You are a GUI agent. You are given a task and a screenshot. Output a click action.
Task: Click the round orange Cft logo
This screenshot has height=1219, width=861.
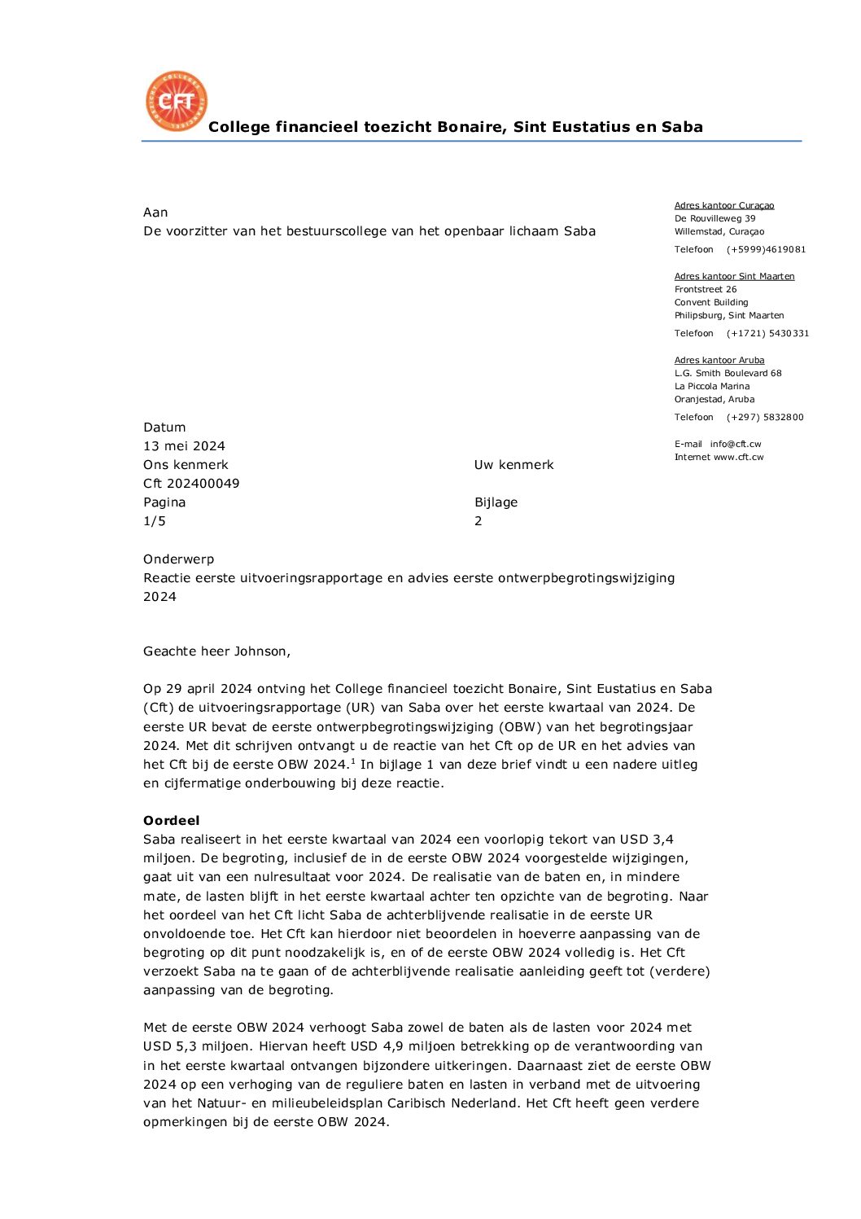pyautogui.click(x=177, y=101)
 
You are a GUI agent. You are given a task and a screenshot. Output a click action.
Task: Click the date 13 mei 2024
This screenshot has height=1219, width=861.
pyautogui.click(x=184, y=446)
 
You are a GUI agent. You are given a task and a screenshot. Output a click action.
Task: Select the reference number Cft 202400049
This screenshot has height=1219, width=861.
pyautogui.click(x=191, y=484)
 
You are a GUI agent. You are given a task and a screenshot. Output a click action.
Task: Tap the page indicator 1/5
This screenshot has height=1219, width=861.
pyautogui.click(x=155, y=521)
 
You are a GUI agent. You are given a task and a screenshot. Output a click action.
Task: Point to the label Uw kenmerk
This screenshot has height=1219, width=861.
pyautogui.click(x=514, y=465)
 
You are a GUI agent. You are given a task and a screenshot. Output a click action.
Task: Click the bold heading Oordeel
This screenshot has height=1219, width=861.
pyautogui.click(x=171, y=821)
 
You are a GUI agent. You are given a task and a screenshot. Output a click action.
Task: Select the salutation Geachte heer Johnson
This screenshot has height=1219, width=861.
pyautogui.click(x=216, y=651)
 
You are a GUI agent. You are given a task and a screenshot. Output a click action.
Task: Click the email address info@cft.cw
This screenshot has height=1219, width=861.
pyautogui.click(x=736, y=445)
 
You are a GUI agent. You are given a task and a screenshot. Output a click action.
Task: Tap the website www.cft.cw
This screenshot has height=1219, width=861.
pyautogui.click(x=739, y=458)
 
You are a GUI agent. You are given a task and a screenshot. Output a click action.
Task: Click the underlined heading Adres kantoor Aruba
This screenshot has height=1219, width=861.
pyautogui.click(x=719, y=361)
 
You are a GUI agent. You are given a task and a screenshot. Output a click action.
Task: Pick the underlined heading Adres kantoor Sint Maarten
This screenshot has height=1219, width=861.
pyautogui.click(x=734, y=277)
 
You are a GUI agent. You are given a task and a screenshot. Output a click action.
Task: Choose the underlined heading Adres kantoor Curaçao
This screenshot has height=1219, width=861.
pyautogui.click(x=724, y=206)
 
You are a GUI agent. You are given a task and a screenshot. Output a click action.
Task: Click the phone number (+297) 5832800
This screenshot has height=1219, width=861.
pyautogui.click(x=765, y=418)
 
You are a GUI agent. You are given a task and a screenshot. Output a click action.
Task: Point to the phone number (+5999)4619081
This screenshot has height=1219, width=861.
pyautogui.click(x=766, y=250)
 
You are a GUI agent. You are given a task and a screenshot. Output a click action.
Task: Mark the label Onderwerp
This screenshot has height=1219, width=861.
pyautogui.click(x=178, y=559)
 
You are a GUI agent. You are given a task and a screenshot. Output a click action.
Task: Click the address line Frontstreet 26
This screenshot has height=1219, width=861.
pyautogui.click(x=706, y=290)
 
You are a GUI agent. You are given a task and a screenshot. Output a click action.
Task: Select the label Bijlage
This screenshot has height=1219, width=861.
pyautogui.click(x=496, y=502)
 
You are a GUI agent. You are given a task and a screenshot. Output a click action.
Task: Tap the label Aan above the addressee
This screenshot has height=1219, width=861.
pyautogui.click(x=155, y=213)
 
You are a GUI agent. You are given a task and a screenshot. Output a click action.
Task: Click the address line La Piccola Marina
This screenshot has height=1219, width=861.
pyautogui.click(x=712, y=387)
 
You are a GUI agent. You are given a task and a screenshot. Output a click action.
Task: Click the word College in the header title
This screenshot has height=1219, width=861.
pyautogui.click(x=238, y=127)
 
